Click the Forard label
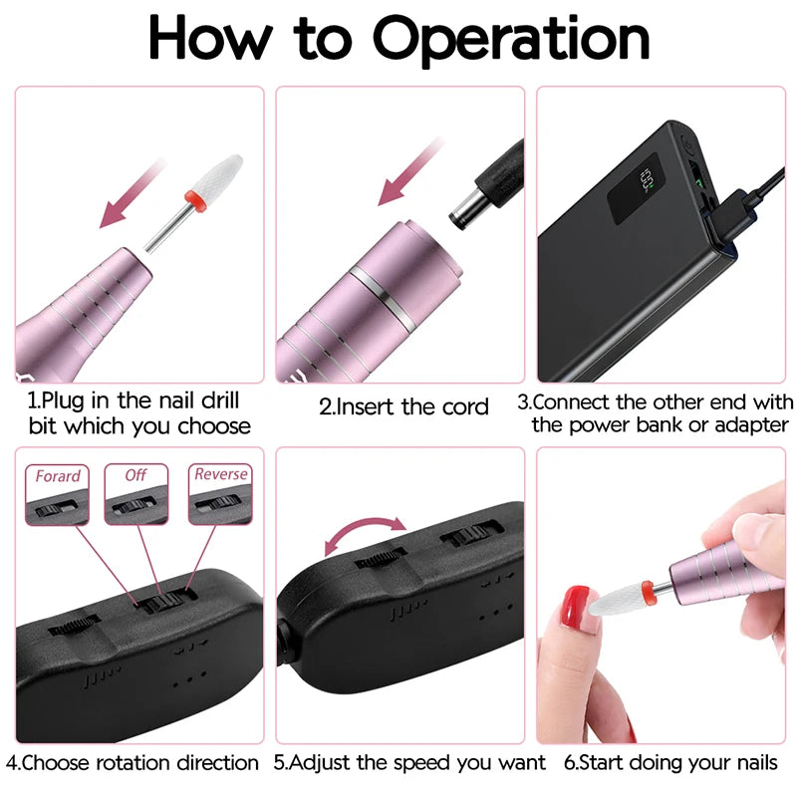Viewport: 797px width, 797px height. [58, 476]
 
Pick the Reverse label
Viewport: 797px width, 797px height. [220, 475]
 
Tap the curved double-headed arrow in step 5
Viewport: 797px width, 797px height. [367, 534]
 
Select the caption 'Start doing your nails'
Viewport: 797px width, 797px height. [666, 763]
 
